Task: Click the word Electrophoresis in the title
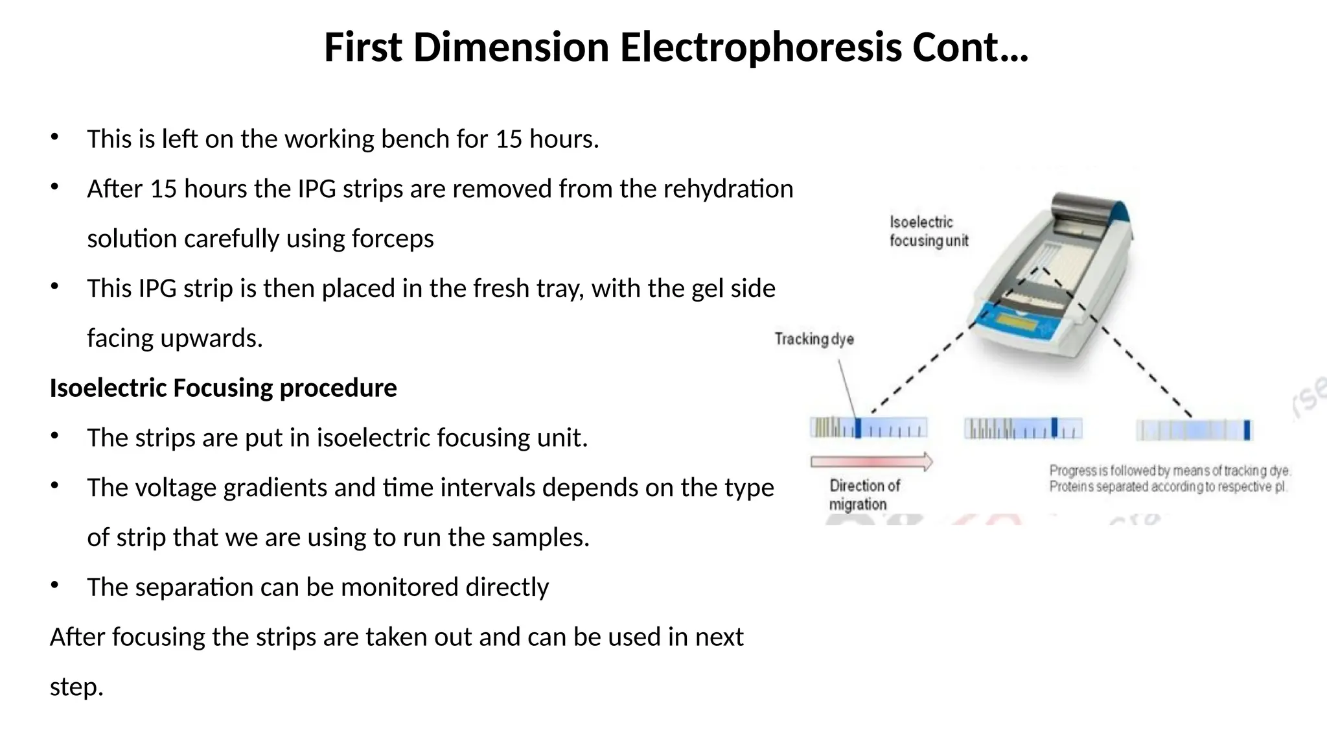click(760, 48)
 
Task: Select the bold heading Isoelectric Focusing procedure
click(223, 388)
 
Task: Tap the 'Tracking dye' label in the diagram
click(814, 339)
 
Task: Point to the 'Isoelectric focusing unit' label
click(928, 231)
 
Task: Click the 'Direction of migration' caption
click(864, 495)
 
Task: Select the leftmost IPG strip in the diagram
click(868, 428)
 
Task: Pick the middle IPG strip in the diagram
click(1022, 429)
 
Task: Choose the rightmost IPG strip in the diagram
click(1194, 430)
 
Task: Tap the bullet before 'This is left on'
click(54, 137)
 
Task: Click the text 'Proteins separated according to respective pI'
click(1168, 487)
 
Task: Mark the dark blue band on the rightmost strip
click(1247, 430)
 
